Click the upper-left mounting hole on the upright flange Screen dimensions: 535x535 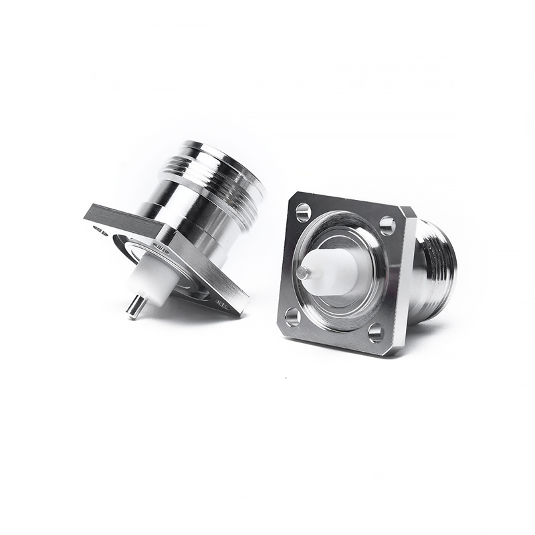303,213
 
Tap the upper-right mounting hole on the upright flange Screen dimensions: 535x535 387,225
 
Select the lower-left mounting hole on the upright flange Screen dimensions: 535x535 293,315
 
